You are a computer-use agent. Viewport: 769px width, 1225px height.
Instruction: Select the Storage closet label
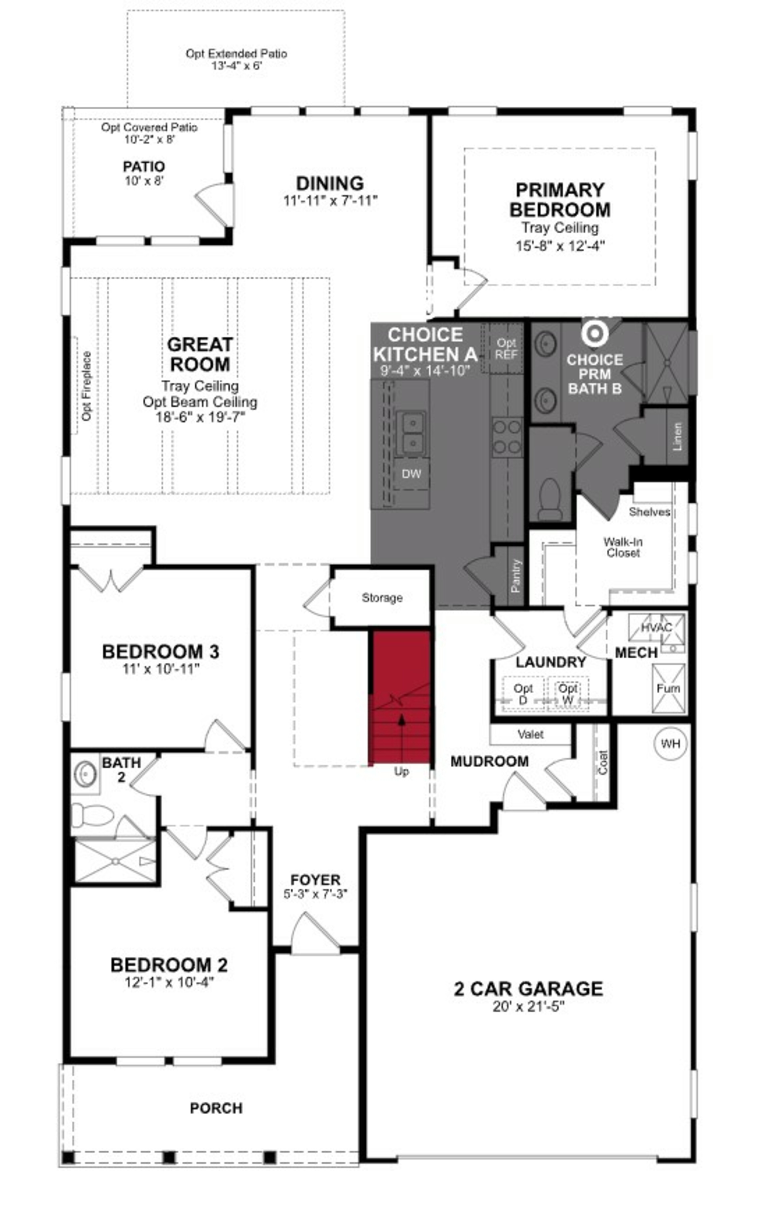(x=382, y=598)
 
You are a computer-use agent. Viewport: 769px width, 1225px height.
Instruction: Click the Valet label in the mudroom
(x=530, y=734)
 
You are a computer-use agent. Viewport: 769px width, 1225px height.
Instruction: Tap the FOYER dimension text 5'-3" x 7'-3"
(x=315, y=894)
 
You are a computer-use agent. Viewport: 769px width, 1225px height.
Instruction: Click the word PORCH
(x=216, y=1108)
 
